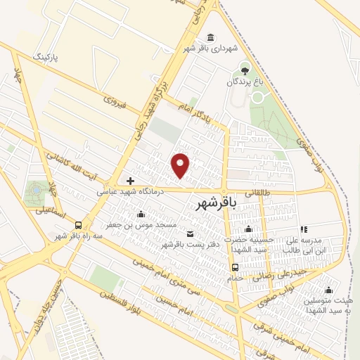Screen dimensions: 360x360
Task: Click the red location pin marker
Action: [x=181, y=165]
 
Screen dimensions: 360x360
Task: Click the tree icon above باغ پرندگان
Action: [x=245, y=69]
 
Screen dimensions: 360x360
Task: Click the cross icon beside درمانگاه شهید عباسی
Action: [x=130, y=181]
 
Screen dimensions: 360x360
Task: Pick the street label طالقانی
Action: [x=277, y=192]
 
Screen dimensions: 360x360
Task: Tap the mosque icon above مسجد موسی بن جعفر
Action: [x=141, y=214]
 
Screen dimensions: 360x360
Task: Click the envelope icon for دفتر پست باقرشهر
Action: [x=189, y=233]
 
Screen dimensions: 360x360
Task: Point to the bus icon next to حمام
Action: [x=236, y=267]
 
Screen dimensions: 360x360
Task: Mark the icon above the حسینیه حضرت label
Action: [x=248, y=229]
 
